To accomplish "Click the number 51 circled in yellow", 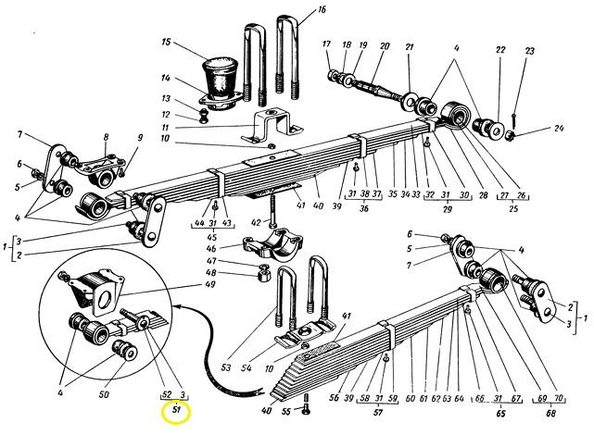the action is click(x=176, y=409).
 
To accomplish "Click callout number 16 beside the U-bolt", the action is click(x=322, y=9).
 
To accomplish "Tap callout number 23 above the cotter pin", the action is click(x=530, y=51).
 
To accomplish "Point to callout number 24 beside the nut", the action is click(x=559, y=128).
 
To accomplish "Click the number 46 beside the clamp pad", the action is click(x=211, y=249).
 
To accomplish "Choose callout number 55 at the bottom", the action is click(x=286, y=411).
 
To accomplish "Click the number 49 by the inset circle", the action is click(x=209, y=284).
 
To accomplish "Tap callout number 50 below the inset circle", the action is click(x=104, y=394).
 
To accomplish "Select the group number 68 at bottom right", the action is click(x=551, y=414).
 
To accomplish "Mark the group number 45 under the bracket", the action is click(x=212, y=237).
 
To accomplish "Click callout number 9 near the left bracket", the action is click(x=140, y=137).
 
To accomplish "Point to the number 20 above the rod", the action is click(x=385, y=46).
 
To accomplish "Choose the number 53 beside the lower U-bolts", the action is click(x=226, y=367).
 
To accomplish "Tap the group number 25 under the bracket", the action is click(x=513, y=208).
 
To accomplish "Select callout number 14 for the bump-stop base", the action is click(x=165, y=79).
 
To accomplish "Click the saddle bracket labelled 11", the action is click(x=272, y=125).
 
